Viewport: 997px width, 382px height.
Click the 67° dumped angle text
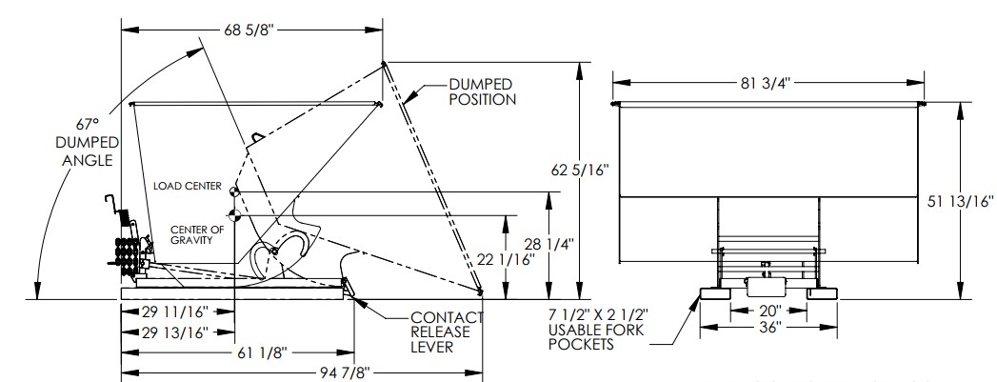point(88,125)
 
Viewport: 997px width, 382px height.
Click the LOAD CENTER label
point(189,186)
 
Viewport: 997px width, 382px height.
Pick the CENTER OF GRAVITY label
point(198,235)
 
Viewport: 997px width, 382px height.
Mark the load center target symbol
point(234,191)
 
